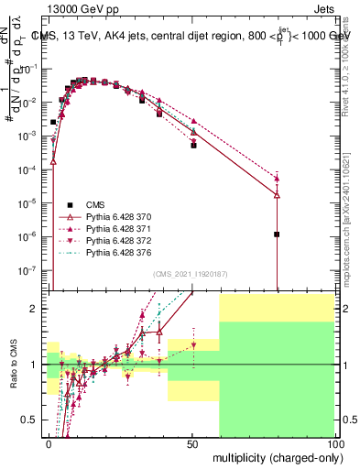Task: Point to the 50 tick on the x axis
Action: [191, 443]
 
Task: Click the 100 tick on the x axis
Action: [334, 443]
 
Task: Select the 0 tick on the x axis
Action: [48, 443]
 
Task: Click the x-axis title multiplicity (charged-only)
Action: [273, 456]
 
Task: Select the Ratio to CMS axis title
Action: [12, 365]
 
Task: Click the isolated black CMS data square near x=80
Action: [277, 234]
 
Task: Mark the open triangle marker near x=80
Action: [277, 195]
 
